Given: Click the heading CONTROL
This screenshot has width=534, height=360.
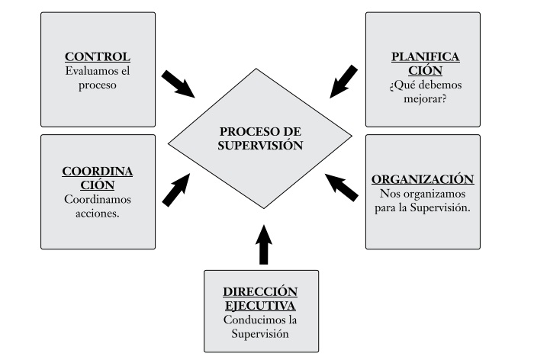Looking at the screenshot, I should tap(97, 57).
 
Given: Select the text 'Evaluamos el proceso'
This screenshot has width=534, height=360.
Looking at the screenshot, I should tap(97, 78).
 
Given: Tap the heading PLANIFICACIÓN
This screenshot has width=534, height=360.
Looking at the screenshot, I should tap(423, 63).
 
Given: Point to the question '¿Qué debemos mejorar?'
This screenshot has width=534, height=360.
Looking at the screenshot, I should tap(423, 91).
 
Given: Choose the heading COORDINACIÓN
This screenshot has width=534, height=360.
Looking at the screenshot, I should tap(98, 178).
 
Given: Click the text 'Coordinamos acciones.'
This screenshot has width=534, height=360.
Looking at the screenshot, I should tap(98, 206).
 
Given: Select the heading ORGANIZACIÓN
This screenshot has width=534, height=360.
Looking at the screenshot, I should tap(423, 179).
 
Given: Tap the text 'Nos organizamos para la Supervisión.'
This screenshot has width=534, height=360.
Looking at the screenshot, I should tap(423, 201).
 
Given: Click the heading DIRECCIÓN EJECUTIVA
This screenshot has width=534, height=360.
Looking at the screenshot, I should tap(261, 298).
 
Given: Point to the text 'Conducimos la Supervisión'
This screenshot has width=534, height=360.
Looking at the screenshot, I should tap(261, 326).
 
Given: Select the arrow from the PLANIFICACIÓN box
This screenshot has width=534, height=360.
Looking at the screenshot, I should tap(343, 82).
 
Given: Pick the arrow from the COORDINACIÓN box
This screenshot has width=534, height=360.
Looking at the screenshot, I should tap(178, 190).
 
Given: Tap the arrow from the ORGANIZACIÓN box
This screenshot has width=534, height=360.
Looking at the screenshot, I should tap(341, 186).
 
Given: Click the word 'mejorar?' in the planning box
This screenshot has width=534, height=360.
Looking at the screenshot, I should tap(423, 98).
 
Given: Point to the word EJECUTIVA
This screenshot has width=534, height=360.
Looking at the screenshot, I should tap(261, 305).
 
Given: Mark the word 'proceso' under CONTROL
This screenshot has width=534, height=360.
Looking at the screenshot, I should tap(97, 85).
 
